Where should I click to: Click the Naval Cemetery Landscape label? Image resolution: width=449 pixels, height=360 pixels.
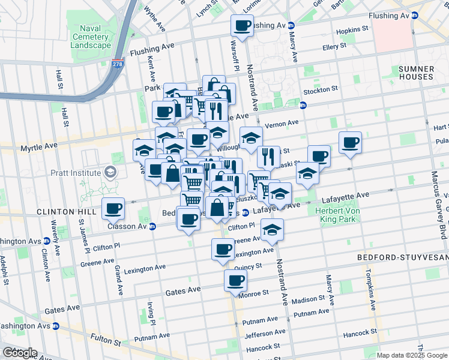(91, 37)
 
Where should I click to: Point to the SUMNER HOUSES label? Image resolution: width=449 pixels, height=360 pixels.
(416, 73)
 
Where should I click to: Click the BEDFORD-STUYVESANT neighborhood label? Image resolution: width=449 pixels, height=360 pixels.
(403, 257)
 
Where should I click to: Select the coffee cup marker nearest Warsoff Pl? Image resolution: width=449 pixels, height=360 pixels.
(243, 26)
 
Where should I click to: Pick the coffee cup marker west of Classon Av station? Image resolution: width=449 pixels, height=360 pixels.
(113, 209)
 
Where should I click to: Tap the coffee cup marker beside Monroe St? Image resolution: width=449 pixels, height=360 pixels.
(236, 280)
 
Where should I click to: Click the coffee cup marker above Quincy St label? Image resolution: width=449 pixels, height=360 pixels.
(223, 249)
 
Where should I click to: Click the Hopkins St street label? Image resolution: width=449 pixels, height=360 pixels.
(352, 29)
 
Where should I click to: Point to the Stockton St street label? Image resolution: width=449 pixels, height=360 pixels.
(321, 89)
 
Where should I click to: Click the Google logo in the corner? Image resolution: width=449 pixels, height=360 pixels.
(20, 353)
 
